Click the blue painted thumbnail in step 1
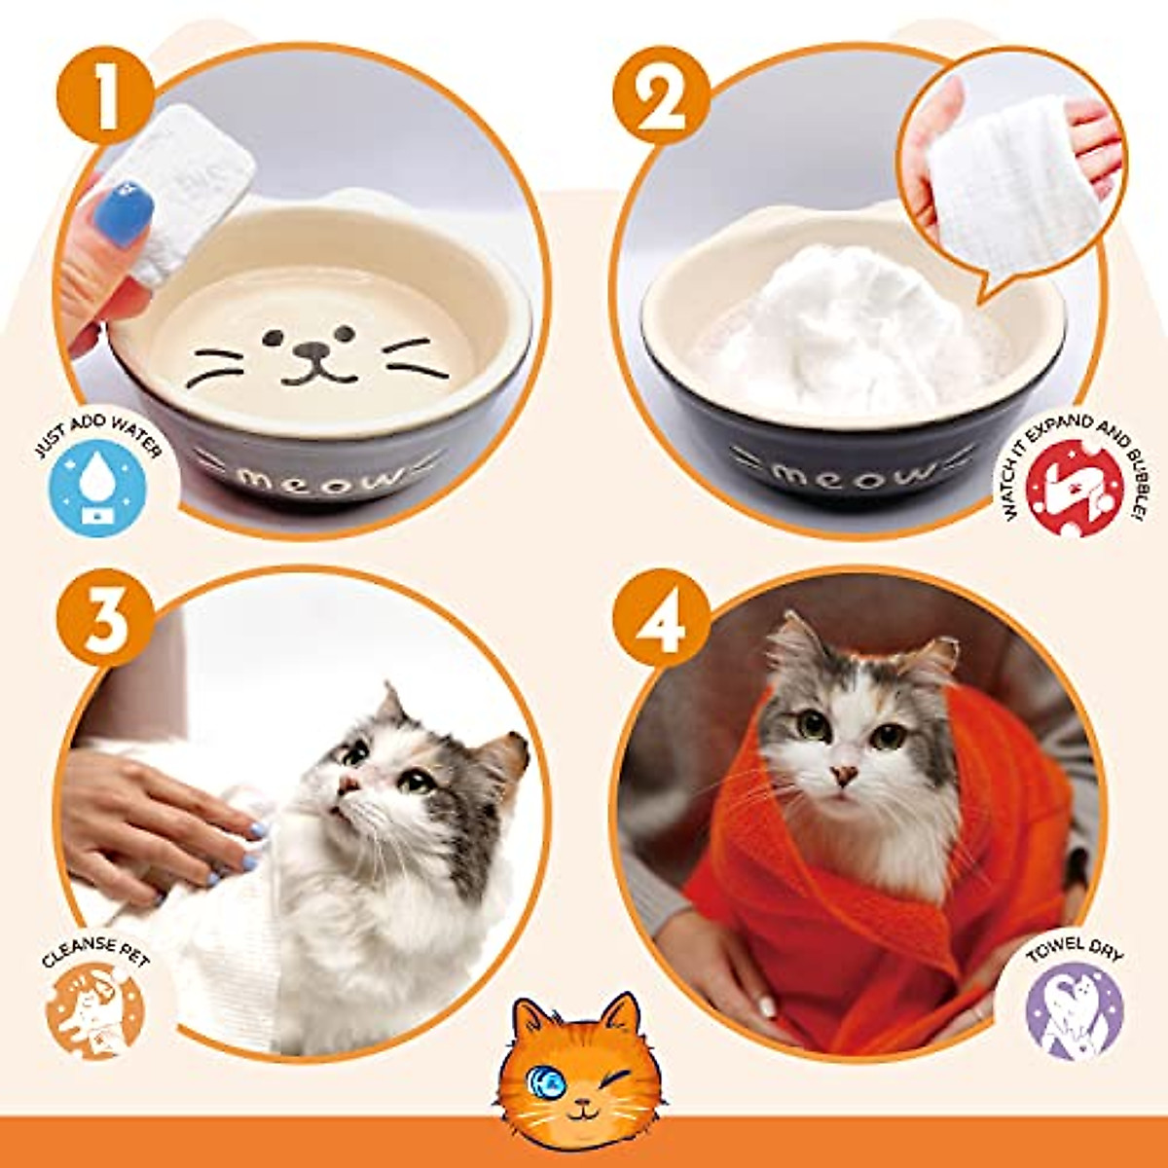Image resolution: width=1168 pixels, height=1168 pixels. pos(124,213)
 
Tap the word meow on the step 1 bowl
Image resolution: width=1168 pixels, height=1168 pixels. pos(321,480)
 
